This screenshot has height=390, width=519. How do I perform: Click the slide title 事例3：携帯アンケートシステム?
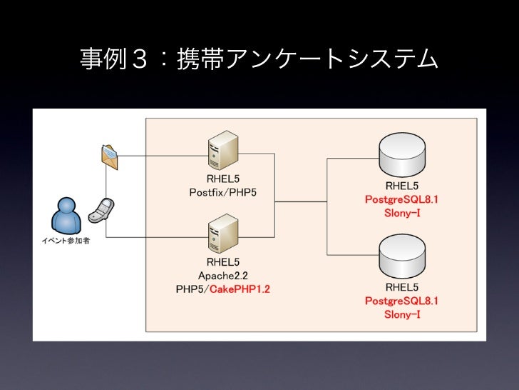pos(259,59)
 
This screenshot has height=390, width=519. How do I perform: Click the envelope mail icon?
pos(108,156)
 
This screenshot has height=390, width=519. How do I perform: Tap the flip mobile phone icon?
pos(102,208)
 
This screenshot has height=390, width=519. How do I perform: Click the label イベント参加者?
pos(65,240)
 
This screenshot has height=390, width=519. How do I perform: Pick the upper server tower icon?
pos(218,151)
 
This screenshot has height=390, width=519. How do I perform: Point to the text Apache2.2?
pos(222,275)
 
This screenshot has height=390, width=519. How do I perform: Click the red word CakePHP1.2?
pos(240,289)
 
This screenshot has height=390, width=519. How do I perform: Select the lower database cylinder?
pos(401,259)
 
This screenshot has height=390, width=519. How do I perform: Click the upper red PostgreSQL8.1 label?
pos(401,199)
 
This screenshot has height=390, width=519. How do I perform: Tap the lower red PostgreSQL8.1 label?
pos(401,301)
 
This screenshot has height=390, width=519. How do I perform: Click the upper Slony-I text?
pos(401,213)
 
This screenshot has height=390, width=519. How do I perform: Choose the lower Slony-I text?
pos(401,314)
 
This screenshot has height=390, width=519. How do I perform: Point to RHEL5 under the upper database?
pos(401,186)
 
